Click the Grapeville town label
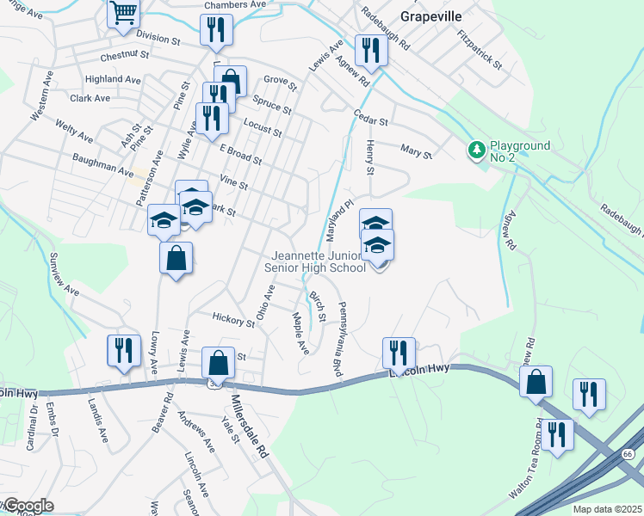pyautogui.click(x=431, y=16)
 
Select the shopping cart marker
pyautogui.click(x=123, y=14)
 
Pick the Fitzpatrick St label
pyautogui.click(x=480, y=48)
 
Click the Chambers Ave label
pyautogui.click(x=235, y=4)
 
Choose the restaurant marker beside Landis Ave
pyautogui.click(x=123, y=350)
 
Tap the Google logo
pyautogui.click(x=28, y=506)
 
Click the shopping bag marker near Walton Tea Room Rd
pyautogui.click(x=536, y=381)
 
